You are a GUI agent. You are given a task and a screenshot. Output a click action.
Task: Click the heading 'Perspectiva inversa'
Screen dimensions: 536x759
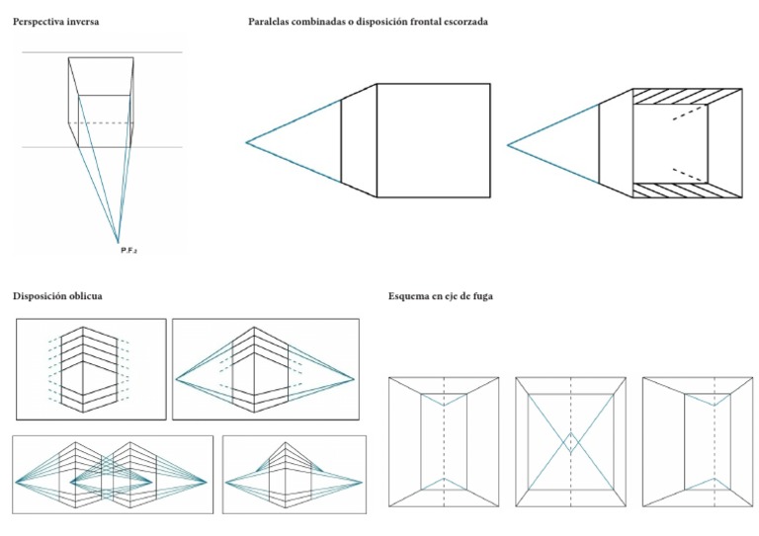[x=55, y=21]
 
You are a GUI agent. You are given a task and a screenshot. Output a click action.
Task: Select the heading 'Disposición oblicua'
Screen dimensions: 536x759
[x=56, y=295]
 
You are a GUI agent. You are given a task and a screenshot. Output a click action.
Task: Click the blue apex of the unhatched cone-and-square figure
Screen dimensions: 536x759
[x=247, y=143]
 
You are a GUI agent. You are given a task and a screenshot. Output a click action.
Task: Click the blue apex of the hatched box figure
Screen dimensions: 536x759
[x=508, y=145]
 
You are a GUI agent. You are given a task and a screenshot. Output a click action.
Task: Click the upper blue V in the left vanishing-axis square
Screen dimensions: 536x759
[x=444, y=402]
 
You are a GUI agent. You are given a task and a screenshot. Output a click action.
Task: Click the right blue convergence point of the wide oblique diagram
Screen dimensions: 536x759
[x=354, y=378]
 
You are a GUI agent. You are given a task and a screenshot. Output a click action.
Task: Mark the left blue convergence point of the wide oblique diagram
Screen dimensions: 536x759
[x=176, y=378]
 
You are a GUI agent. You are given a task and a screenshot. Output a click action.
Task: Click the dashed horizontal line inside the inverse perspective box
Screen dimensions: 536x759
[x=104, y=123]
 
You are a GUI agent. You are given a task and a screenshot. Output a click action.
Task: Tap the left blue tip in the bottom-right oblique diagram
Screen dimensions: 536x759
[x=227, y=482]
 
